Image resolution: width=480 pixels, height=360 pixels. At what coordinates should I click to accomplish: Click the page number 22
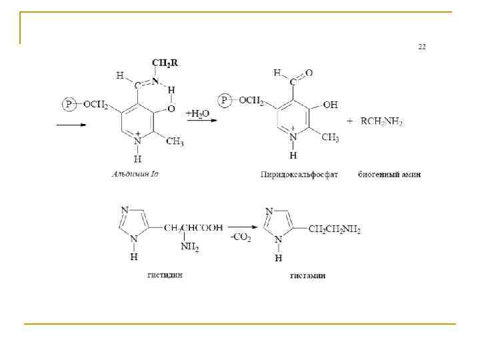(x=422, y=47)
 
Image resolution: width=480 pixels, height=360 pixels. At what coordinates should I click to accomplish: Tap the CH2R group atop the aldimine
(x=165, y=63)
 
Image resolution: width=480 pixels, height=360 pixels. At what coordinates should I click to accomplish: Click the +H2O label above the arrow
(x=197, y=114)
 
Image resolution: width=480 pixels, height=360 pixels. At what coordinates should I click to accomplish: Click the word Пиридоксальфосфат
(x=299, y=175)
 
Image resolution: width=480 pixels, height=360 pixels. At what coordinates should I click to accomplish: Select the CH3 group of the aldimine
(x=174, y=141)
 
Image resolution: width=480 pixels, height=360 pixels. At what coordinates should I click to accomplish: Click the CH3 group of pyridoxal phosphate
(x=330, y=137)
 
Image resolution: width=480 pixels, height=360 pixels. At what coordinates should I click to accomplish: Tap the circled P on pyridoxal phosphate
(x=226, y=101)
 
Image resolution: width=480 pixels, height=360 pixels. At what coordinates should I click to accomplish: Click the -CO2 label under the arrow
(x=241, y=238)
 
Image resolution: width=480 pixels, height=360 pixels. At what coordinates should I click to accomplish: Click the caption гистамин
(x=307, y=275)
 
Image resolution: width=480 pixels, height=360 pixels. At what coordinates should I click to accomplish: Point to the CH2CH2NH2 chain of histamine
(x=335, y=230)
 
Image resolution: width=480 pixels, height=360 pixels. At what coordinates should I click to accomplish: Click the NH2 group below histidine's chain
(x=189, y=248)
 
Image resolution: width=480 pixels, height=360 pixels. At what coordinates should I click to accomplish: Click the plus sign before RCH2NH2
(x=351, y=121)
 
